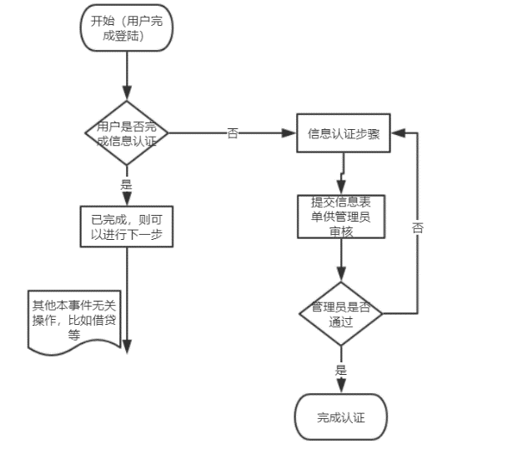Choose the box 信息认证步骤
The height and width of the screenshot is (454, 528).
[343, 134]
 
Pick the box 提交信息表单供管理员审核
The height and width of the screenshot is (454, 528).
[342, 216]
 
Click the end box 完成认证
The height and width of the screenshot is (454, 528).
[341, 417]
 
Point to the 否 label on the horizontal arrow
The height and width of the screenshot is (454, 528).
[233, 133]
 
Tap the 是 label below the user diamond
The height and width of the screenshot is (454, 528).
[127, 183]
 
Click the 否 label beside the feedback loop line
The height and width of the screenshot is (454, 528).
[418, 227]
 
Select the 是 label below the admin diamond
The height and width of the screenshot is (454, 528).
[340, 370]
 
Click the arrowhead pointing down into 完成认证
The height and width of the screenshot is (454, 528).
[341, 385]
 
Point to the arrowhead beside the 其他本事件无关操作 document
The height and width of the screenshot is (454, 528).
[128, 348]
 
